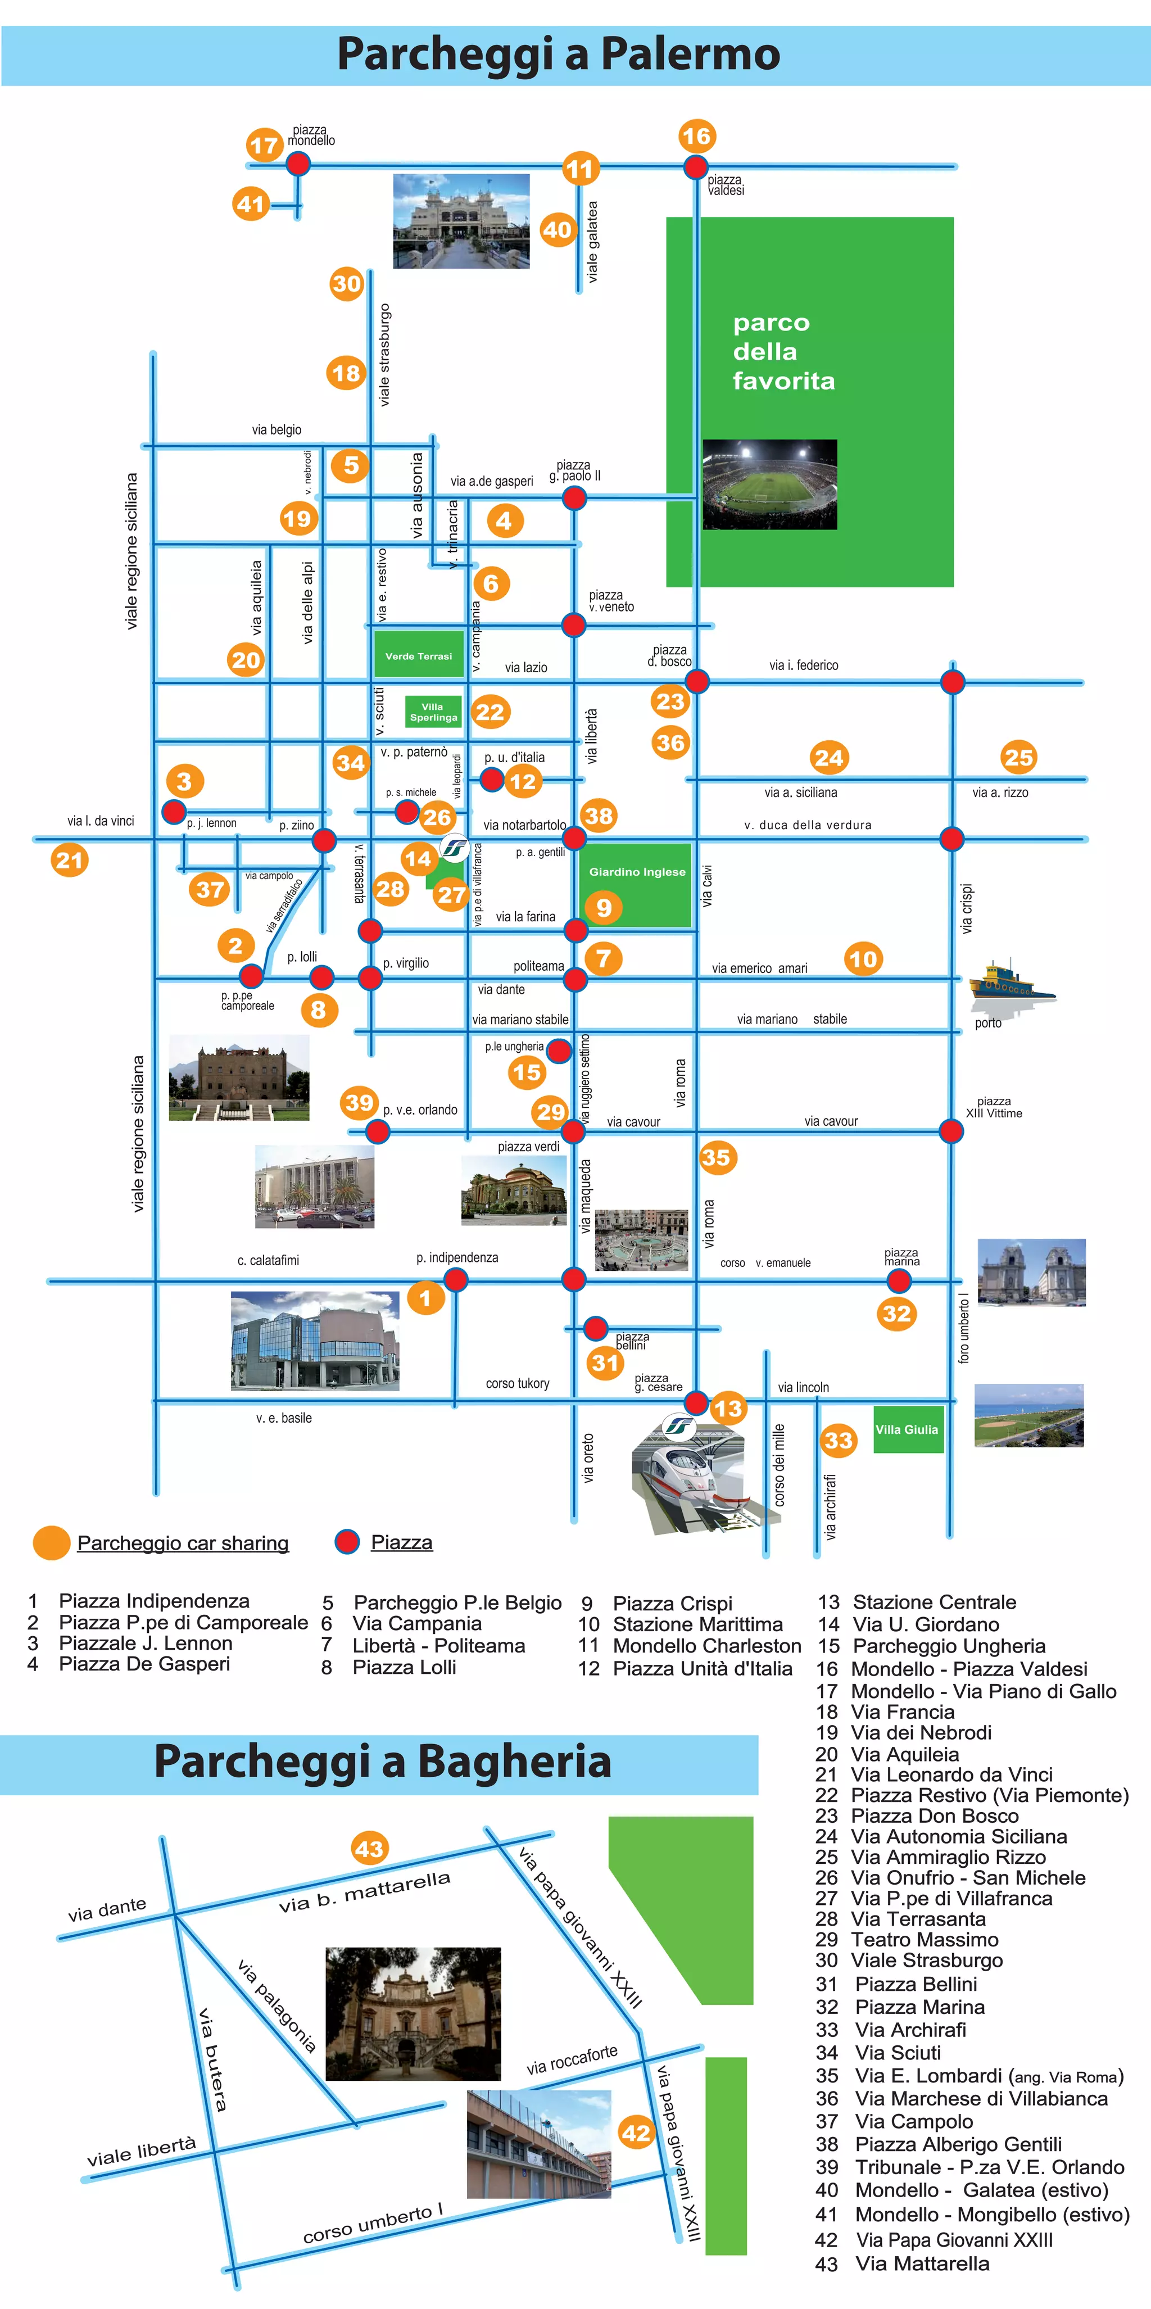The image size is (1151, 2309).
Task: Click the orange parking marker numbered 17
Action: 264,144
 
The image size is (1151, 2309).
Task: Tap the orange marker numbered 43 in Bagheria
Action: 369,1848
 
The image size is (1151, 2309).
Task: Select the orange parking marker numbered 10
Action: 862,959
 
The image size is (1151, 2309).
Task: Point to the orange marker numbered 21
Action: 70,861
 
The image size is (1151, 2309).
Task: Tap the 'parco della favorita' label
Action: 783,351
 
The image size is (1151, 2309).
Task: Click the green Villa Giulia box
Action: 907,1429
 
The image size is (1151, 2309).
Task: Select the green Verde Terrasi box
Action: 419,655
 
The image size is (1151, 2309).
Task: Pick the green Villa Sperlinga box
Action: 433,712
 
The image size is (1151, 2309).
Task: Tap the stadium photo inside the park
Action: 769,484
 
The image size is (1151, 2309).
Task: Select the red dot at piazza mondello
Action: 298,163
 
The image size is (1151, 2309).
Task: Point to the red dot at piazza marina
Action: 902,1280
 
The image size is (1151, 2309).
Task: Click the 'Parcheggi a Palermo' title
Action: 559,54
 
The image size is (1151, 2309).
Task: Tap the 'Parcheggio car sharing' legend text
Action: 183,1543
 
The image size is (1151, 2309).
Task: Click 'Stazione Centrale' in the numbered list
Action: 934,1602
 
